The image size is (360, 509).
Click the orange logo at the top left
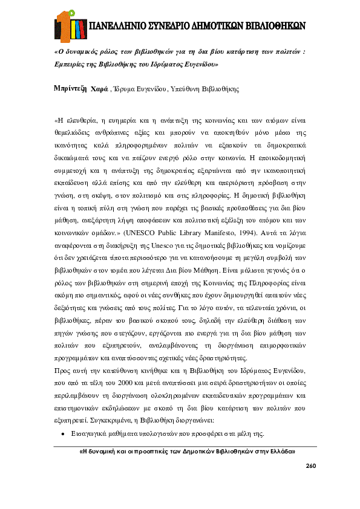pyautogui.click(x=67, y=24)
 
